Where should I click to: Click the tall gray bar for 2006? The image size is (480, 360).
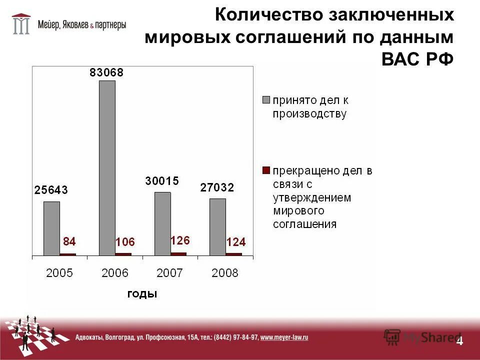coord(107,167)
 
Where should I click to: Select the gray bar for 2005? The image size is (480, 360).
coord(51,228)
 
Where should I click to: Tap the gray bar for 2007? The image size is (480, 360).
coord(162,223)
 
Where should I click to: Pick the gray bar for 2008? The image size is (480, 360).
coord(217,226)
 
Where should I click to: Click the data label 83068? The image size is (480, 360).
coord(106,72)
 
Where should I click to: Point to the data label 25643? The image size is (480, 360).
coord(51,190)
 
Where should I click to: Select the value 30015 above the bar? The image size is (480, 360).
coord(162,181)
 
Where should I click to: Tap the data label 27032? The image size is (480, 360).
coord(217,187)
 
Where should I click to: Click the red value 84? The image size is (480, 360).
coord(69,242)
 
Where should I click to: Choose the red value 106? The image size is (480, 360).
coord(125,242)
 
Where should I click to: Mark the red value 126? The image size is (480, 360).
coord(180,240)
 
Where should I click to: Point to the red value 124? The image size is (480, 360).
coord(236,242)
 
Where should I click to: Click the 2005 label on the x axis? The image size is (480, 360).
coord(59,273)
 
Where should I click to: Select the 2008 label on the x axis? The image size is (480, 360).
coord(225,273)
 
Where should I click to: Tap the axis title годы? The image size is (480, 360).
coord(142,294)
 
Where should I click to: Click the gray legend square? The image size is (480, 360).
coord(266,99)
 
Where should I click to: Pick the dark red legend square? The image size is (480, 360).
coord(266,170)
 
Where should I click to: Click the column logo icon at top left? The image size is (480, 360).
coord(21,23)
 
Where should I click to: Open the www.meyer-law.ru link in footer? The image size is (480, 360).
coord(284,337)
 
